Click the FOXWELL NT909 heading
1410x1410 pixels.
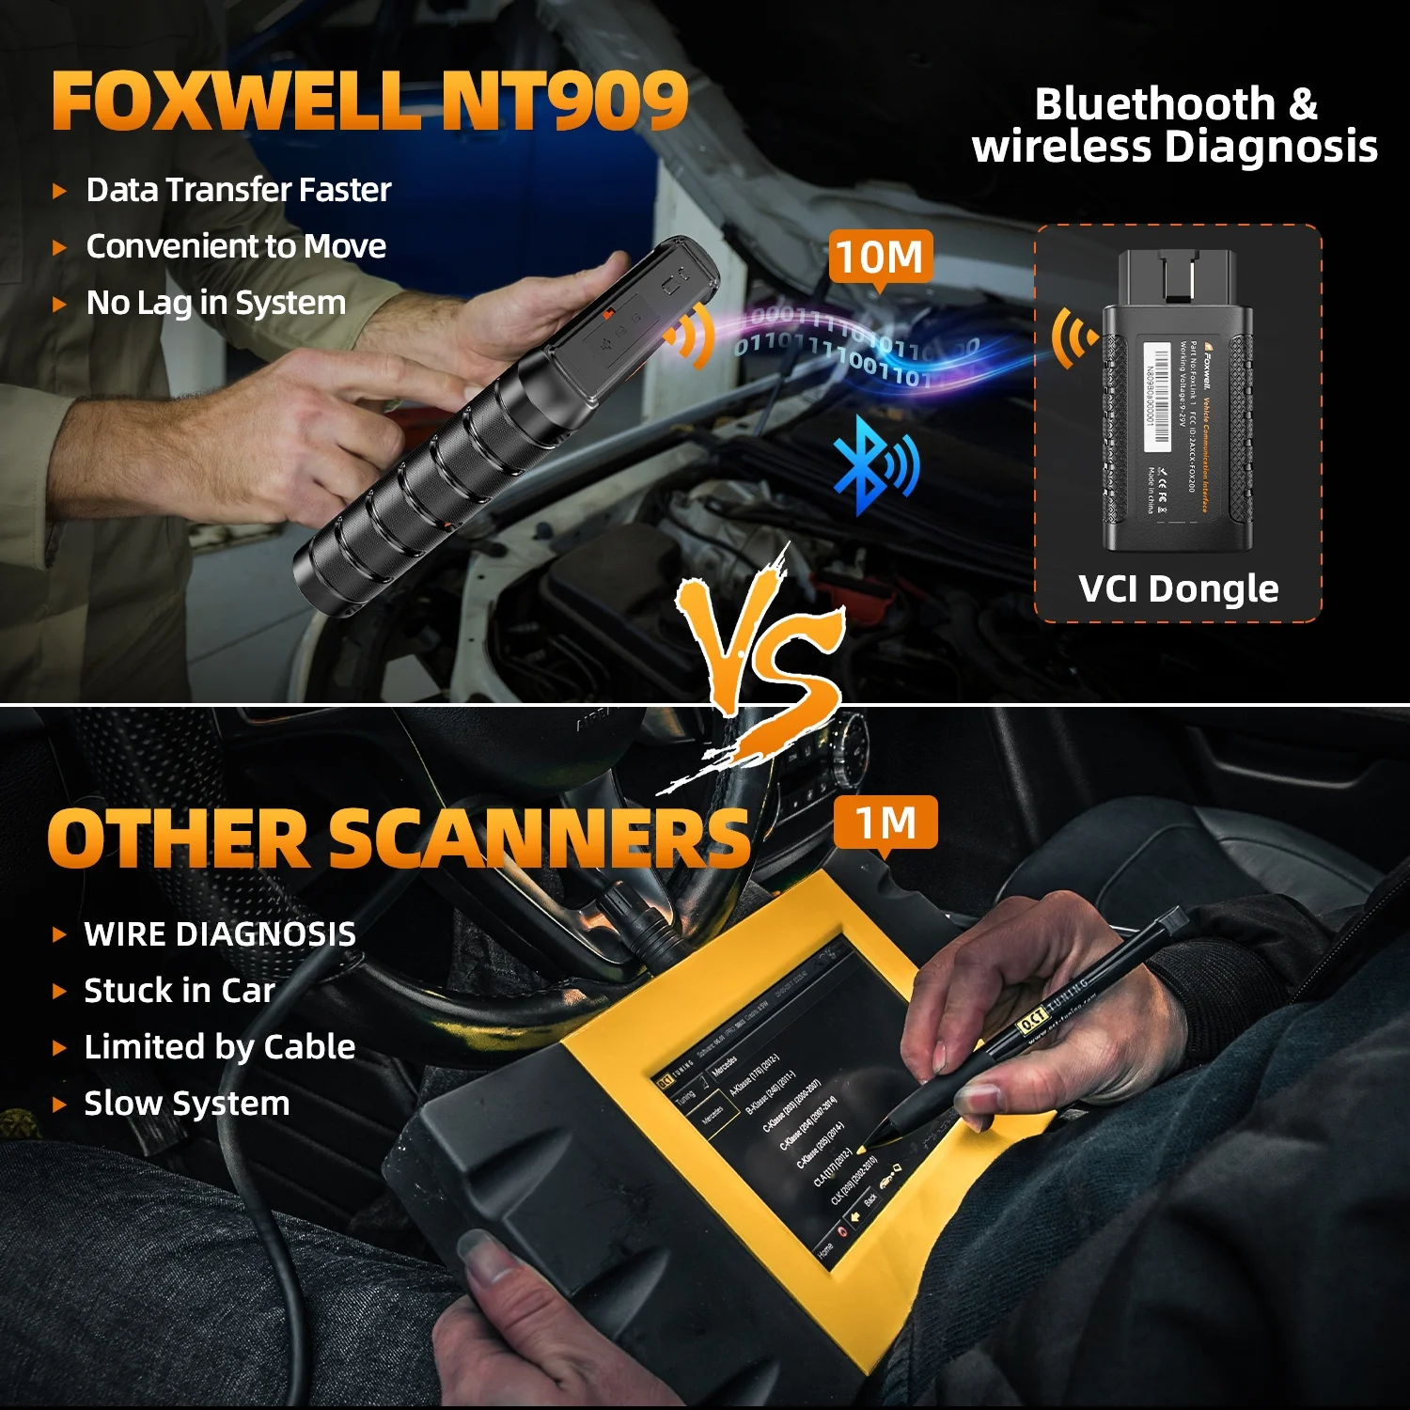click(x=369, y=101)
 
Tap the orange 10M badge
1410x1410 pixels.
click(x=880, y=257)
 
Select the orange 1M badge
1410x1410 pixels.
click(x=885, y=823)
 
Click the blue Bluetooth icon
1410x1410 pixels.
click(x=874, y=466)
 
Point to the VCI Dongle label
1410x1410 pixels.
click(x=1178, y=589)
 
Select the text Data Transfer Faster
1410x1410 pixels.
click(x=238, y=190)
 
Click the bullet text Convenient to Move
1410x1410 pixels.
click(x=236, y=246)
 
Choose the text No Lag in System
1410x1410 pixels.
click(x=215, y=303)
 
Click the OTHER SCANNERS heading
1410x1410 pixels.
click(x=398, y=838)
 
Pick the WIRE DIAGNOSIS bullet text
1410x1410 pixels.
click(x=220, y=934)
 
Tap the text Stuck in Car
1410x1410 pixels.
click(x=179, y=991)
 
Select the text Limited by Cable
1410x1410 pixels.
click(x=220, y=1047)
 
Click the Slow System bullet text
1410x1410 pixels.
click(x=186, y=1104)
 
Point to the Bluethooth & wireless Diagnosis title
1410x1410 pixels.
click(x=1175, y=125)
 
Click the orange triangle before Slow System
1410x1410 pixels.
click(x=59, y=1104)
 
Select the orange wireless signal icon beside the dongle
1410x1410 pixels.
click(x=1073, y=337)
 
